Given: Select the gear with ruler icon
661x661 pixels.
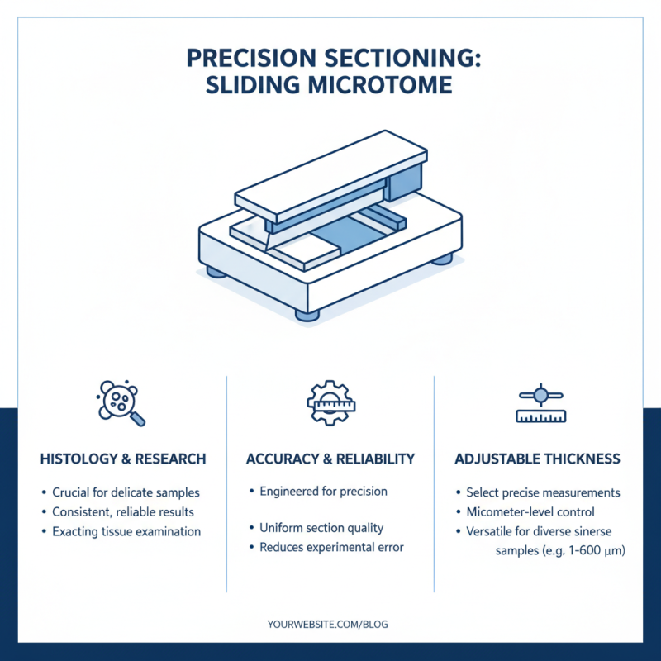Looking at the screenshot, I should (330, 402).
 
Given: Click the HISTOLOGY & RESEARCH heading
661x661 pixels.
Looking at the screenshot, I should (123, 459).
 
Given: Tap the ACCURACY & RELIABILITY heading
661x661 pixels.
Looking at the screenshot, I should (330, 459).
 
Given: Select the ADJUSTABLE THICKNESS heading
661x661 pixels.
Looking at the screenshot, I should (538, 459).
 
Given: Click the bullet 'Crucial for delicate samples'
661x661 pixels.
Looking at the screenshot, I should (126, 492).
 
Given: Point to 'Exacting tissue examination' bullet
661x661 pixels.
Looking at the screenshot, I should (126, 531).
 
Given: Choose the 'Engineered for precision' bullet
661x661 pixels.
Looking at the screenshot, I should (323, 491).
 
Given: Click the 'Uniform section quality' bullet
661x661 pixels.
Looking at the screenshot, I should (321, 528).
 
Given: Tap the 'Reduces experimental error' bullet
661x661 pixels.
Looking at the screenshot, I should (331, 547).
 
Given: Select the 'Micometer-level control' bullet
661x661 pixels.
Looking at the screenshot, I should (530, 512).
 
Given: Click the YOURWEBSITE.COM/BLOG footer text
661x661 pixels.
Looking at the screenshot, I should (328, 625).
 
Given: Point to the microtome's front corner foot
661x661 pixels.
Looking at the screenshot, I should (307, 314).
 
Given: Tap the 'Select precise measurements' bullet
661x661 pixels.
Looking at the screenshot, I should (543, 492).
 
